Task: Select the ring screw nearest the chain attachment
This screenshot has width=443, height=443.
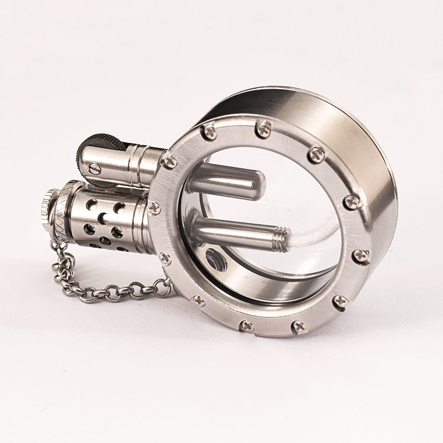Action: click(165, 258)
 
